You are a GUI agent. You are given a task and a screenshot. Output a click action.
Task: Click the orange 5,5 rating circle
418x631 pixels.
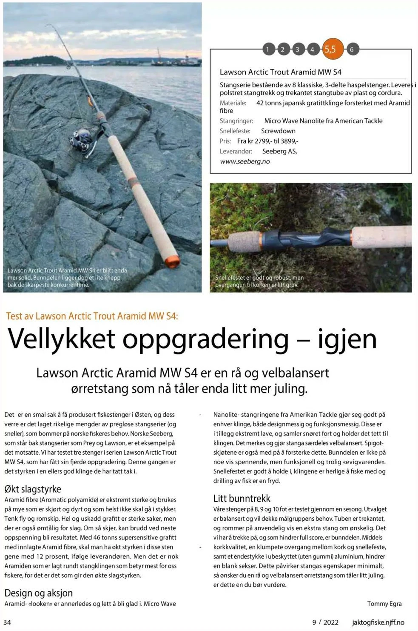tap(330, 49)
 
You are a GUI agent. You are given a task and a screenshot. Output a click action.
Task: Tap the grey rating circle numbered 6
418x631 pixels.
tap(352, 49)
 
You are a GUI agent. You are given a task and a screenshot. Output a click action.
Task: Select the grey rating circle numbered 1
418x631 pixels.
tap(267, 49)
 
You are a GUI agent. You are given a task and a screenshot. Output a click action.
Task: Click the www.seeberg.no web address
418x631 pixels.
tap(245, 161)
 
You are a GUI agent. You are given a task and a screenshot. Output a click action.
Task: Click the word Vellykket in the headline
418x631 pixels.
tap(62, 339)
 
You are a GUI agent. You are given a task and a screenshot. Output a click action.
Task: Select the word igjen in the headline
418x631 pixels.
tap(347, 339)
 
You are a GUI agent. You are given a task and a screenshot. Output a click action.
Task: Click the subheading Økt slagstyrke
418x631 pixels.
tap(33, 489)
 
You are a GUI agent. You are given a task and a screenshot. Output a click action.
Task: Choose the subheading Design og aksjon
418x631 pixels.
tap(38, 593)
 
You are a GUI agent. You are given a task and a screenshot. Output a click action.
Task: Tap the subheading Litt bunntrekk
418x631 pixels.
tap(242, 498)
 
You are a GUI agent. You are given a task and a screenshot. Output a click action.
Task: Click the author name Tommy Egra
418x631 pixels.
tap(384, 603)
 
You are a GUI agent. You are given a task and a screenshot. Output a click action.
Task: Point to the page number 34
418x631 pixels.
tap(7, 622)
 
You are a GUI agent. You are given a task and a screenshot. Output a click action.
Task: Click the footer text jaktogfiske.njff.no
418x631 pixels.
tap(378, 622)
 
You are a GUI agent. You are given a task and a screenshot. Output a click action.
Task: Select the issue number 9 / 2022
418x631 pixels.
tap(325, 622)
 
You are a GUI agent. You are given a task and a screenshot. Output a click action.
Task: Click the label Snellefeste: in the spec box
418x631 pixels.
tap(235, 131)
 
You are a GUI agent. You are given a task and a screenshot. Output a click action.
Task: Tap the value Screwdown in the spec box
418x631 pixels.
tap(278, 131)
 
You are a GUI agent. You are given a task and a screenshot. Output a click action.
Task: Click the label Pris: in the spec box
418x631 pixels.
tap(225, 141)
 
